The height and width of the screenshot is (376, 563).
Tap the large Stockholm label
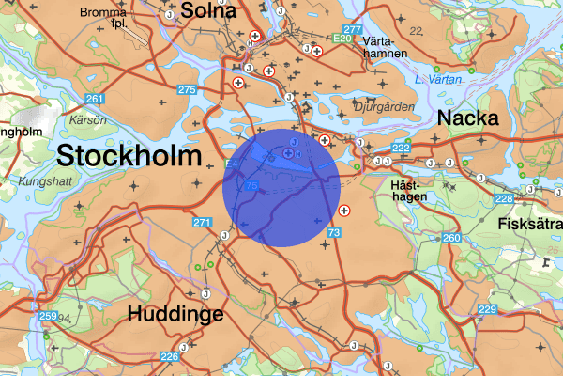point(128,155)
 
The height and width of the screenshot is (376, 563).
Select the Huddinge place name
point(177,314)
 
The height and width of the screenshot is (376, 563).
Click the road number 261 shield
point(93,100)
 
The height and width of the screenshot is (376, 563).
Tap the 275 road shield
point(186,90)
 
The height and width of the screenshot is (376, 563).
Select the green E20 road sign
point(342,39)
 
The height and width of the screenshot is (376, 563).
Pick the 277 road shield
point(353,30)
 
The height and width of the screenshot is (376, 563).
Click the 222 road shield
point(402,148)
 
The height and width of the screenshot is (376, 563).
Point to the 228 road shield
point(504,198)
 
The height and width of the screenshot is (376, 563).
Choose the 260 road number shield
point(451,238)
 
